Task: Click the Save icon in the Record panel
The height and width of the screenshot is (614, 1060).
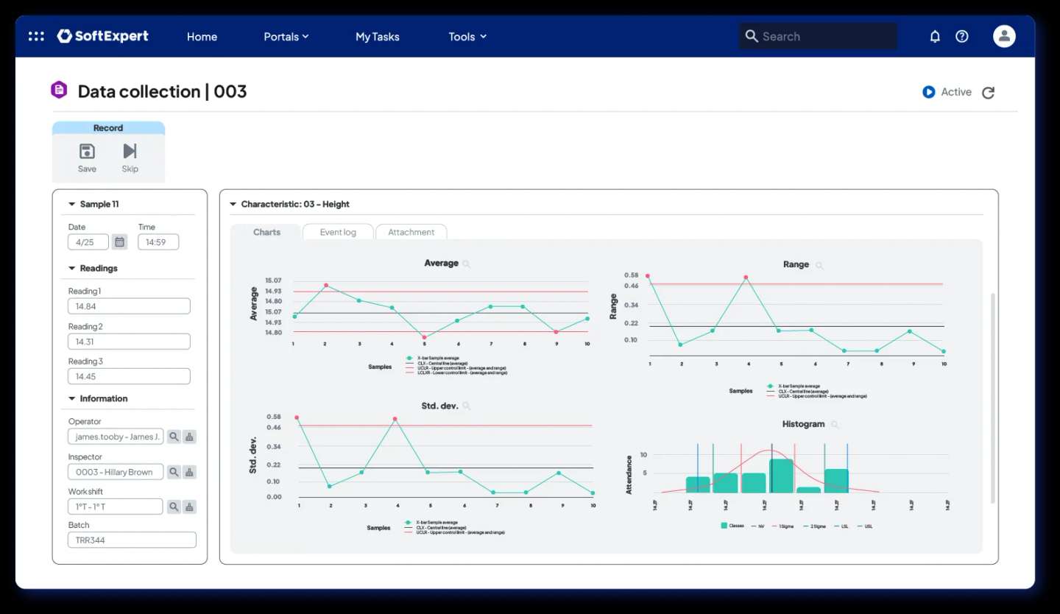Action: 87,152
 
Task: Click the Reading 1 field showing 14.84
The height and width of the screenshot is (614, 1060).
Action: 129,306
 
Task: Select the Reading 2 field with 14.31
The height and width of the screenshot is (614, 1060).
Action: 129,342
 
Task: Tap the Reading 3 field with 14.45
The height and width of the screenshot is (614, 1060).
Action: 129,376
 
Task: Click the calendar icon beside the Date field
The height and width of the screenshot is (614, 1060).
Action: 120,241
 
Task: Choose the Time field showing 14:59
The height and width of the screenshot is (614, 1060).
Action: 158,241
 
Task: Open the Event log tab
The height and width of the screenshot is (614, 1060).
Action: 338,232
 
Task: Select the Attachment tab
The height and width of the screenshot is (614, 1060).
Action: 411,232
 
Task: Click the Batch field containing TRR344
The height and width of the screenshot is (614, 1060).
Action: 132,540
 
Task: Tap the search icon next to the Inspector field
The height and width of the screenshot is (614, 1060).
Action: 174,472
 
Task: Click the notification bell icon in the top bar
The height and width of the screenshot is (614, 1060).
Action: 935,36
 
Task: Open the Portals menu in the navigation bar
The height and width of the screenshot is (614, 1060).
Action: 286,36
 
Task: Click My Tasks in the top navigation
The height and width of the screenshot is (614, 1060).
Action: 377,36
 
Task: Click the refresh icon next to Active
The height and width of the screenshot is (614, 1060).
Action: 989,92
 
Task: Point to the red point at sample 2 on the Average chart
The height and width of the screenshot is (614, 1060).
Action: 326,286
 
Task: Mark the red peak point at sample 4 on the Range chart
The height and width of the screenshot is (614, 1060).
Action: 746,278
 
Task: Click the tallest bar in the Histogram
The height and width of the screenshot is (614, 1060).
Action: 781,476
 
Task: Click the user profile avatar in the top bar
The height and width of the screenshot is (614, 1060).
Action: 1004,36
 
